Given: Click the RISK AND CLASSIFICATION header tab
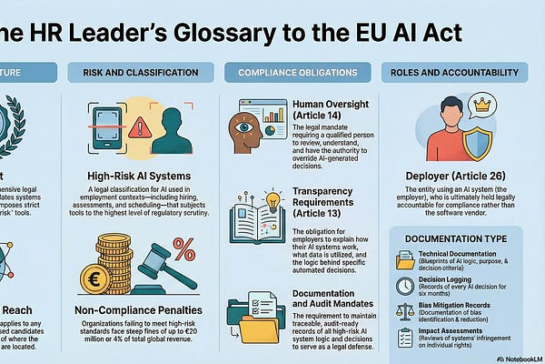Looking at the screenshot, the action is tap(143, 72).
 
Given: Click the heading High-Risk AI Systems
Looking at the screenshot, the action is tap(144, 174).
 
